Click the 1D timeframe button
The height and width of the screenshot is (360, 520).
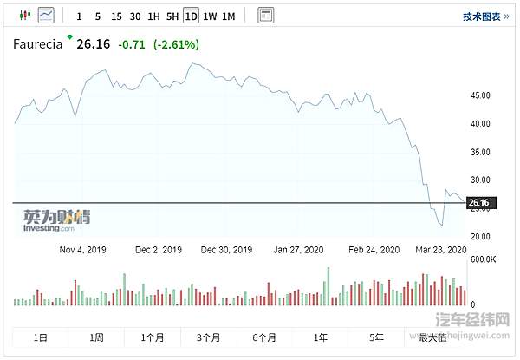(191, 16)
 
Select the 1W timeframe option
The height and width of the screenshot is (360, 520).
(209, 16)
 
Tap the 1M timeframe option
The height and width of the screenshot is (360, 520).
(228, 16)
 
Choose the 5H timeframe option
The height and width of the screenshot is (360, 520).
(172, 16)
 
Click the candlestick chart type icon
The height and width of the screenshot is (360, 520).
(23, 15)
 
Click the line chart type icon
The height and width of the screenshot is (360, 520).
(45, 15)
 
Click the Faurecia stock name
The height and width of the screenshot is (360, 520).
(37, 44)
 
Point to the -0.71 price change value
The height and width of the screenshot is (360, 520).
(132, 44)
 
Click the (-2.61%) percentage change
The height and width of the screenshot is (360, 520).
(176, 44)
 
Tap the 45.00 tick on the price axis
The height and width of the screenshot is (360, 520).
(479, 95)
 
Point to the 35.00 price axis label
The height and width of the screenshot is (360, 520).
(479, 152)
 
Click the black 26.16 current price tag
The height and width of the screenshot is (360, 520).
(479, 203)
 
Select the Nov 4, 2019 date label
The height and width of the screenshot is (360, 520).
(82, 249)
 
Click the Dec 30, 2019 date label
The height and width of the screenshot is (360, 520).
(226, 249)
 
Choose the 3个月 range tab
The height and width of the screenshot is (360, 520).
(210, 337)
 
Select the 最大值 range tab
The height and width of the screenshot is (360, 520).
(432, 337)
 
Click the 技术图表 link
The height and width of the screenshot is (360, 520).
(485, 16)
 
